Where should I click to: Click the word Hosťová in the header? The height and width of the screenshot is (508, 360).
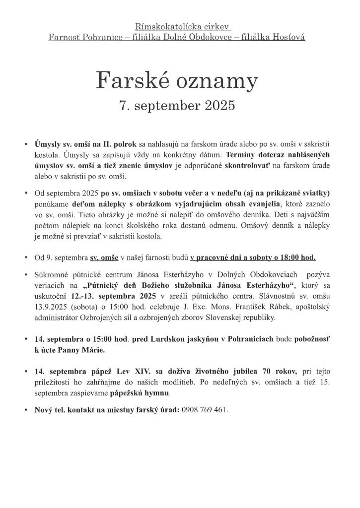coord(290,37)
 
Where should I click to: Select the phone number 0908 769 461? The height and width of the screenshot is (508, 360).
coord(205,410)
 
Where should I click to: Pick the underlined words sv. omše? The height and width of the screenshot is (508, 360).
coord(104,257)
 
